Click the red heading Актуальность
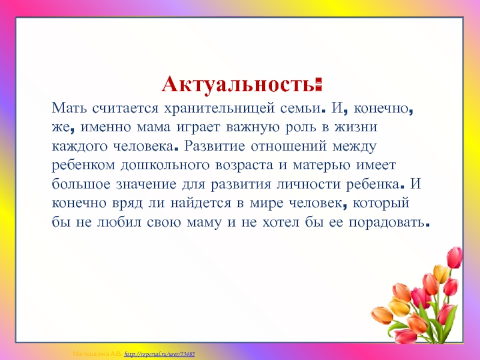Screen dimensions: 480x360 click(x=242, y=84)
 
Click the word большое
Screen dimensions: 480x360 click(x=81, y=184)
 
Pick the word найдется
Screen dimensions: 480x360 click(x=201, y=203)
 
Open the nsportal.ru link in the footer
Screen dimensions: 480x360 click(x=160, y=354)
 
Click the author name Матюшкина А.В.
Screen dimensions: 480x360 click(x=97, y=354)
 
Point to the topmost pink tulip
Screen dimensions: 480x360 click(x=455, y=257)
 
